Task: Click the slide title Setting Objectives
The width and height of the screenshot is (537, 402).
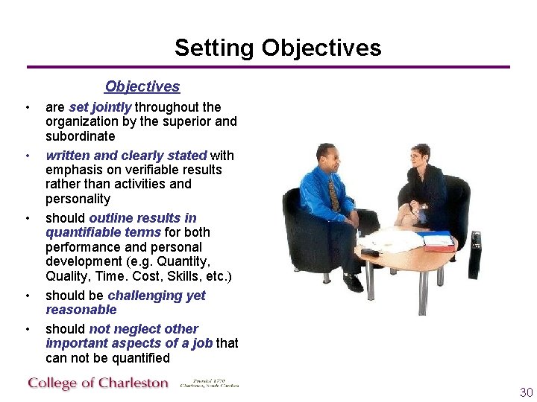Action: point(277,48)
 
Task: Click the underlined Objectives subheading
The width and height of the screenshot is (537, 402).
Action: point(142,87)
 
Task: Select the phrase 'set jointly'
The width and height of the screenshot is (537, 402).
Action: point(100,107)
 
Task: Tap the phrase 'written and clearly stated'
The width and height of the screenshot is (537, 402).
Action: point(126,156)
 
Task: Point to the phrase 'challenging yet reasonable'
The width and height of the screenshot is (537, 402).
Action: point(125,302)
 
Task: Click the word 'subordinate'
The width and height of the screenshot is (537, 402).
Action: point(80,136)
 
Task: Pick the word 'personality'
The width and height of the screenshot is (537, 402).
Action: point(78,199)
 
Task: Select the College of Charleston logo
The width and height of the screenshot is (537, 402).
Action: point(98,383)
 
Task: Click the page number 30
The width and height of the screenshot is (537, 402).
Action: point(526,392)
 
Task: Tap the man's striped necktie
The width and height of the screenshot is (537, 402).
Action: point(333,195)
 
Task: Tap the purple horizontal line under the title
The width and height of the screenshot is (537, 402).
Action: point(268,67)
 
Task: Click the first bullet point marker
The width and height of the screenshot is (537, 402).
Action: point(28,108)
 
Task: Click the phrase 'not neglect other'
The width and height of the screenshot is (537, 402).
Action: point(143,329)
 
